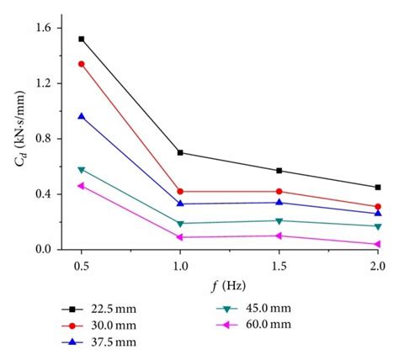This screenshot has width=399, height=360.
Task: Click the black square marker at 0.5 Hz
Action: [x=81, y=39]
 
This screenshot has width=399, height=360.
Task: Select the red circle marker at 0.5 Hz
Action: [x=81, y=64]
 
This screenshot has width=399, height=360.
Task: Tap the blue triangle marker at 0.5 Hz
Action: [x=81, y=116]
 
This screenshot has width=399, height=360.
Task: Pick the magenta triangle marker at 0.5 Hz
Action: [x=81, y=186]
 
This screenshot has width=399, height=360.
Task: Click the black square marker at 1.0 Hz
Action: [x=180, y=152]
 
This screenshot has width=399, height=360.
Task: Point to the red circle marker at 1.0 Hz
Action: [x=180, y=191]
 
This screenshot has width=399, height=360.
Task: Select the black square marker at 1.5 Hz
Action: [x=279, y=171]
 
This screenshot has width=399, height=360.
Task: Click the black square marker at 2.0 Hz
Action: [x=378, y=187]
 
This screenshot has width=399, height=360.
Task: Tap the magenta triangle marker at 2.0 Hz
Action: [x=378, y=244]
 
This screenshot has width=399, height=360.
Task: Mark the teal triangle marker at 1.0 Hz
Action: [x=180, y=224]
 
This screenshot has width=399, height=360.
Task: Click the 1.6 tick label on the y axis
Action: [x=42, y=28]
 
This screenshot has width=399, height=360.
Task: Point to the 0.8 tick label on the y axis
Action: [x=42, y=139]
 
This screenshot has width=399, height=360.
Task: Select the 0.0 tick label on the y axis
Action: [x=42, y=250]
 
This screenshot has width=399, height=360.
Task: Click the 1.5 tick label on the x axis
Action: [x=279, y=267]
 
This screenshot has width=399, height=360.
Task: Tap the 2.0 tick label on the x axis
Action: [x=378, y=267]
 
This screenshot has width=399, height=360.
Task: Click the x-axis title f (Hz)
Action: [x=229, y=287]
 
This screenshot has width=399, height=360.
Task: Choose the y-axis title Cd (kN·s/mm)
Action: [x=18, y=139]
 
